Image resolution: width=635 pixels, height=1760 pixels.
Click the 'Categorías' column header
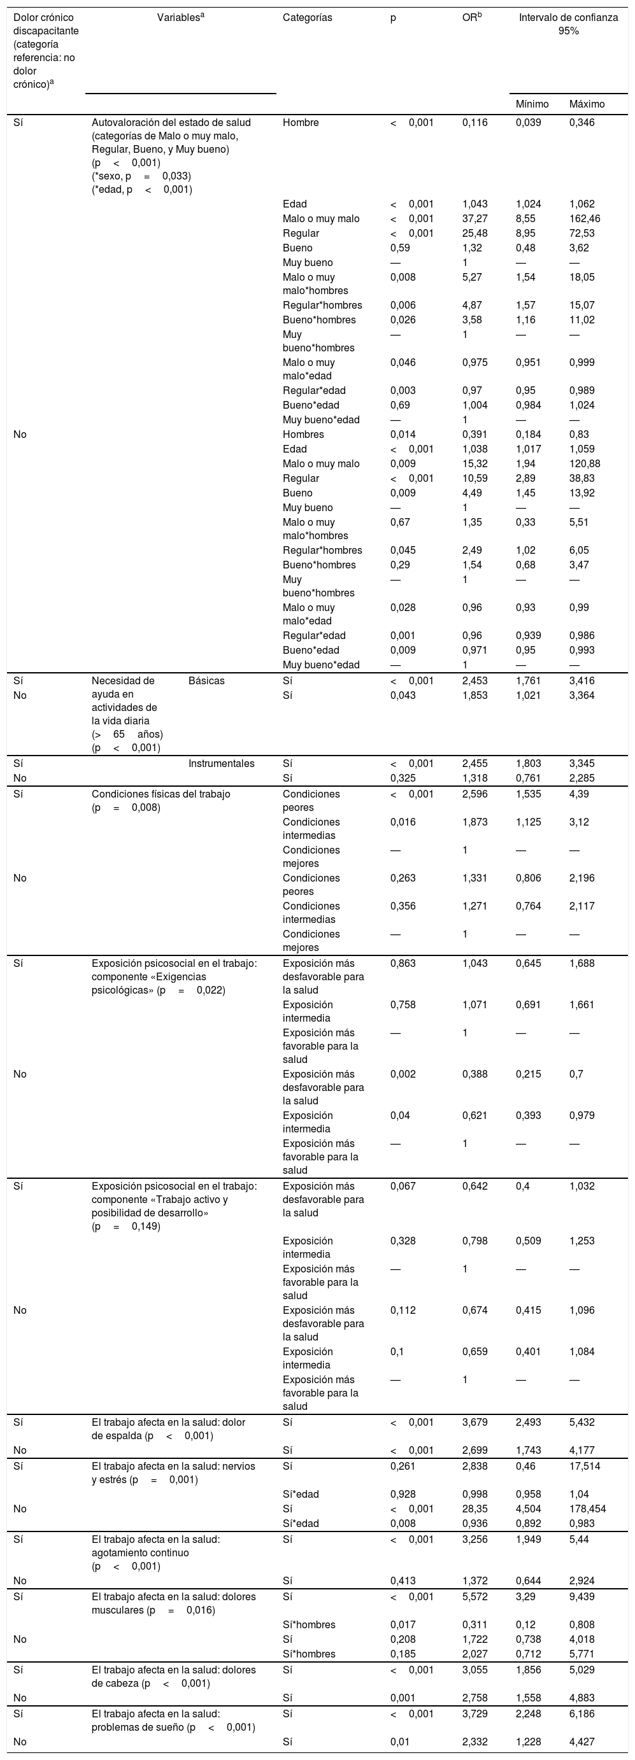point(307,18)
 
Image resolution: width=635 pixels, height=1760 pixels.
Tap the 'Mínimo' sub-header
point(532,104)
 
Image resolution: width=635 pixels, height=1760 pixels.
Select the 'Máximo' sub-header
point(587,104)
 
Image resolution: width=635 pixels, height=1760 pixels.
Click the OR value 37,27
point(474,218)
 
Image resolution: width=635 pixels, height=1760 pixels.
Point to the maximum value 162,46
point(587,218)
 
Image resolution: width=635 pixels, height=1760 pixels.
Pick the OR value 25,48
point(474,233)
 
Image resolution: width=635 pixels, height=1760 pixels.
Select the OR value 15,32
point(474,464)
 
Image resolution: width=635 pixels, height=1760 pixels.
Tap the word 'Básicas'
point(206,681)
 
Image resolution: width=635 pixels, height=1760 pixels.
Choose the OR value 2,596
point(474,794)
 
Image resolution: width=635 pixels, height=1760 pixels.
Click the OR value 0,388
point(474,1074)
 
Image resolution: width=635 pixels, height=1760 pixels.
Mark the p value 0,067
point(403,1186)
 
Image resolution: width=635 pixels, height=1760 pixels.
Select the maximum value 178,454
point(587,1509)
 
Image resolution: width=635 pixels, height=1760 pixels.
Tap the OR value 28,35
point(474,1509)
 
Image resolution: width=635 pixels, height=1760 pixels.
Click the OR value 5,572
point(474,1598)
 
